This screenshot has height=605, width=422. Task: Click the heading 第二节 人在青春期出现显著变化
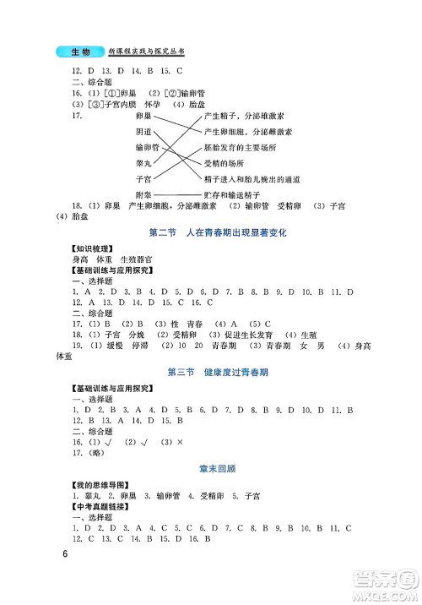click(x=211, y=232)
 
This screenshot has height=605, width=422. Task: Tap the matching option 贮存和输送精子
click(x=233, y=195)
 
